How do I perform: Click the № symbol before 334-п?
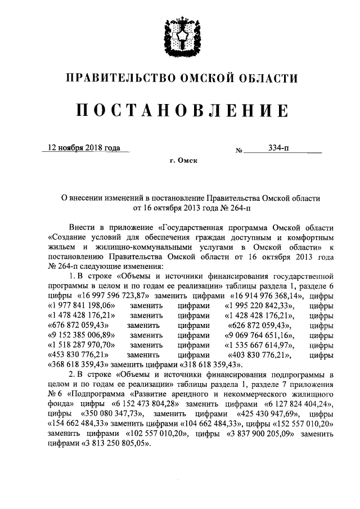pyautogui.click(x=238, y=151)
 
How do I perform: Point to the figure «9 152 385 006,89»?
pyautogui.click(x=82, y=335)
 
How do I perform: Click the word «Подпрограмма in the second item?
pyautogui.click(x=98, y=395)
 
